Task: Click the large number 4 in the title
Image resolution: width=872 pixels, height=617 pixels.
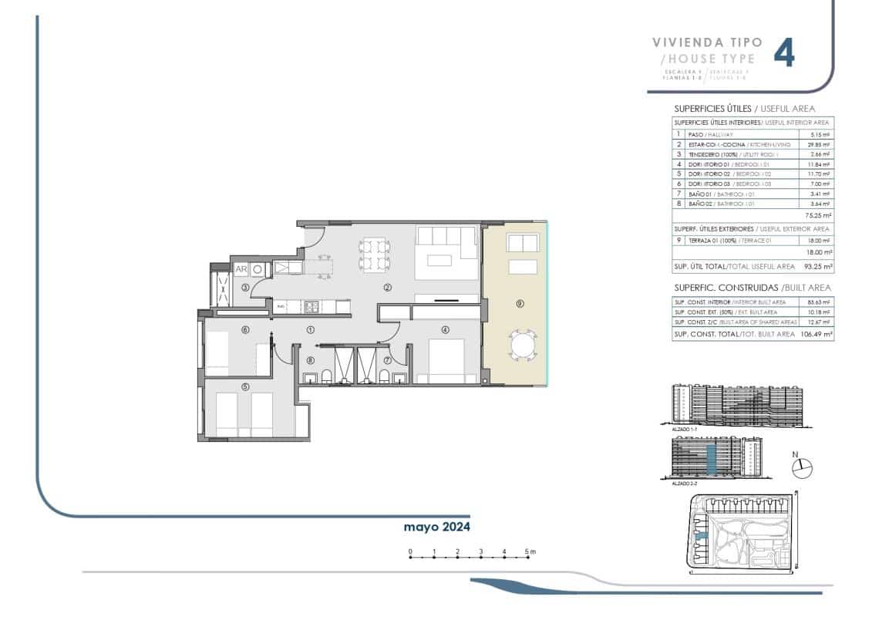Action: (x=783, y=53)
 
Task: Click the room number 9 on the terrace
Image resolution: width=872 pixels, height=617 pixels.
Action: (x=520, y=304)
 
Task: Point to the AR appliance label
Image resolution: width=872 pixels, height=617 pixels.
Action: (x=241, y=269)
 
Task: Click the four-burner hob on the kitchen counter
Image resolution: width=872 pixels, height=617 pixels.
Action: (x=311, y=306)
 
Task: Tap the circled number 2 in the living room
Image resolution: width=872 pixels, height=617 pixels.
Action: (x=389, y=288)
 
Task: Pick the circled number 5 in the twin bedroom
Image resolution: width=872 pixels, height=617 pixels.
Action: (x=245, y=387)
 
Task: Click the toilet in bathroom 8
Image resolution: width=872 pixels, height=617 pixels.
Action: (x=327, y=376)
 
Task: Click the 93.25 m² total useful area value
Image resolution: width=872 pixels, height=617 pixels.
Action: (x=816, y=266)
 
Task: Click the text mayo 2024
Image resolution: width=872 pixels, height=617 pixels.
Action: (x=437, y=528)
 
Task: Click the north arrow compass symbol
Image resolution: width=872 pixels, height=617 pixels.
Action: (x=803, y=467)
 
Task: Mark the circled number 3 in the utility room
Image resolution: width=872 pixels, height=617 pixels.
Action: (x=245, y=288)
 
